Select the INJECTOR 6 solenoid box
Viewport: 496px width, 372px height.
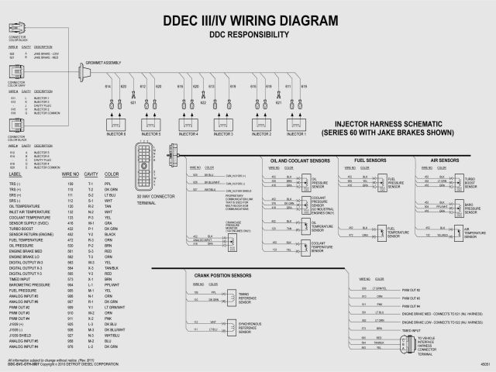point(115,122)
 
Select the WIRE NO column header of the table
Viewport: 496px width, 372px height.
point(70,176)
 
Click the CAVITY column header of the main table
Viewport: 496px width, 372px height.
point(91,176)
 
